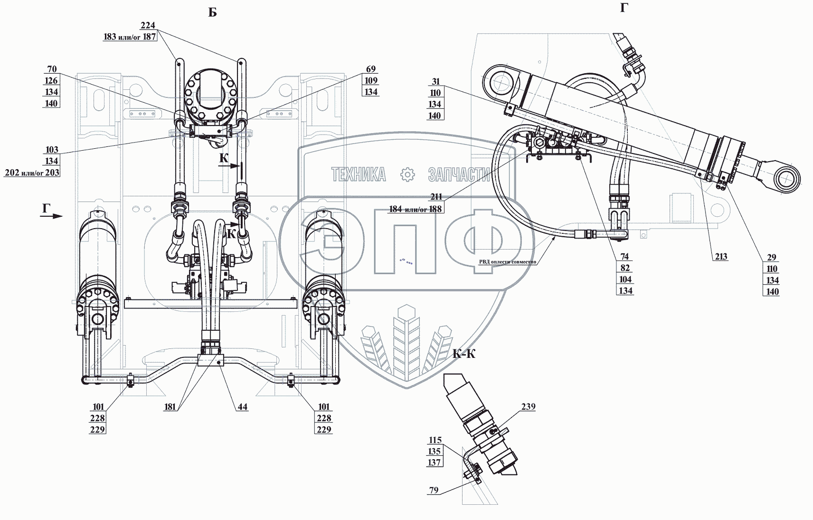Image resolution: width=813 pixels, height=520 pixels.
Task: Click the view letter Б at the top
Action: [213, 13]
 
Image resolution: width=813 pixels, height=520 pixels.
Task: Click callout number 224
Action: [148, 25]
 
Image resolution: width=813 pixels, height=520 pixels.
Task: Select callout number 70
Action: [52, 69]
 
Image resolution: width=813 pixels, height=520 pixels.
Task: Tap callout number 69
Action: [370, 69]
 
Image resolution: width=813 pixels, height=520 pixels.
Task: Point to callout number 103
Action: [52, 150]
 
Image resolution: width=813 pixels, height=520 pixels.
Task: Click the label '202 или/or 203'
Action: [32, 173]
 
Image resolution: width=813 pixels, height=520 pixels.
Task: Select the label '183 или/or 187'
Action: [130, 37]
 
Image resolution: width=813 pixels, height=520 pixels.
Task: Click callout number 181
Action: [170, 407]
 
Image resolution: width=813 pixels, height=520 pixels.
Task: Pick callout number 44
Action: [243, 407]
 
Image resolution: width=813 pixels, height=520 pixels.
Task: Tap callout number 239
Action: [528, 406]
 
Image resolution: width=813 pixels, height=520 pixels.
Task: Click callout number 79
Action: [434, 490]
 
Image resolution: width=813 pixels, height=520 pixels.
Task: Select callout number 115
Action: [435, 440]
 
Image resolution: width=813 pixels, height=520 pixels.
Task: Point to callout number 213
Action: [721, 257]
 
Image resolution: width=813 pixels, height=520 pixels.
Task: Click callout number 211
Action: [436, 197]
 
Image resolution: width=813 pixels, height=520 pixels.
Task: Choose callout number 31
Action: [435, 81]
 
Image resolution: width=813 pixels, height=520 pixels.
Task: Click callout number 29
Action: [771, 258]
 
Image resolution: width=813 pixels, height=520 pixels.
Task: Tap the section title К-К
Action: [463, 354]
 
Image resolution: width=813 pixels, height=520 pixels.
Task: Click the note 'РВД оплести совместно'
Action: [507, 261]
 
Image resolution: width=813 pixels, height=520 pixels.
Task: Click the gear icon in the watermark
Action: [407, 175]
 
